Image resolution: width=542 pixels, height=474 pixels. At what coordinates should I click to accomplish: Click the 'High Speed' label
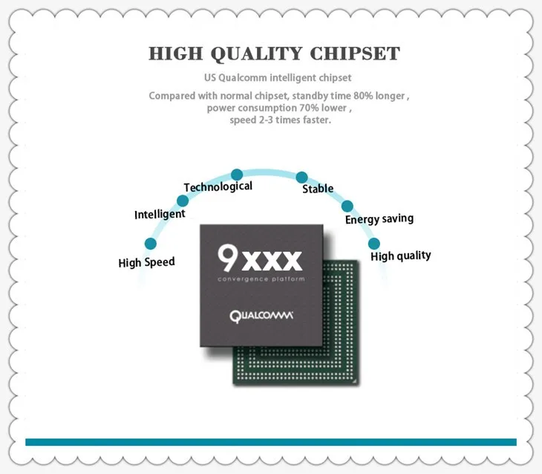[x=146, y=262]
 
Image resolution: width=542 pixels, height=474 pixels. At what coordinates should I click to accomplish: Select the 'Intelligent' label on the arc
[x=160, y=215]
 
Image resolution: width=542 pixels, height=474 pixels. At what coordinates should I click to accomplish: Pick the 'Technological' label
[x=218, y=187]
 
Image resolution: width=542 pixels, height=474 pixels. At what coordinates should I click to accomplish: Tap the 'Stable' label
[x=318, y=189]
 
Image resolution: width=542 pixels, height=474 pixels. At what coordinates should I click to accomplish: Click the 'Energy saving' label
[x=379, y=219]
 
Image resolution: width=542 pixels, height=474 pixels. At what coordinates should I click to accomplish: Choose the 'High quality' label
[x=400, y=256]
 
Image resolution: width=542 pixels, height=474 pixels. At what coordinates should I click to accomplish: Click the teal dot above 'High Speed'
[x=150, y=244]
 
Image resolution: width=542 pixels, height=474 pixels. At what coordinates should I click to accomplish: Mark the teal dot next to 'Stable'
[x=301, y=177]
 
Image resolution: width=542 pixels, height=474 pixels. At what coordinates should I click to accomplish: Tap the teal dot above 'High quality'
[x=374, y=244]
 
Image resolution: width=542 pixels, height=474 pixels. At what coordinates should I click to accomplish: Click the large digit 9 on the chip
[x=228, y=258]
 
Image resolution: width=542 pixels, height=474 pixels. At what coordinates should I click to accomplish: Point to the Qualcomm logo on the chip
[x=261, y=316]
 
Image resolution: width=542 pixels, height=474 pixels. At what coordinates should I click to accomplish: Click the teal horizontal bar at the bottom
[x=270, y=442]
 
